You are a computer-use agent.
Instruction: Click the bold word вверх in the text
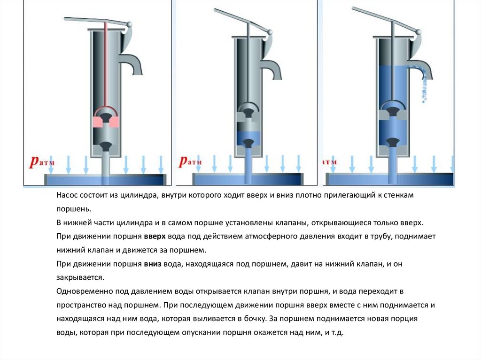(155, 237)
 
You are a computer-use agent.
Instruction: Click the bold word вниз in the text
(153, 264)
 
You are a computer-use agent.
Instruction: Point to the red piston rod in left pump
(105, 64)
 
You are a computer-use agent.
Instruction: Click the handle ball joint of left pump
(129, 24)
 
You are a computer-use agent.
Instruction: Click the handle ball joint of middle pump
(270, 32)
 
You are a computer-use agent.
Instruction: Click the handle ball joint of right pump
(418, 31)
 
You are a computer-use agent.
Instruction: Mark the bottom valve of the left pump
(106, 146)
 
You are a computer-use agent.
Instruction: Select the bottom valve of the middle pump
(248, 143)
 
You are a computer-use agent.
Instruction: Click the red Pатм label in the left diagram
(42, 161)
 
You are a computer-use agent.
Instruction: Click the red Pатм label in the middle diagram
(190, 161)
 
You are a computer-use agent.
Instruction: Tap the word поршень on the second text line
(74, 209)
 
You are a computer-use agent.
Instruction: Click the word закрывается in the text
(80, 277)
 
